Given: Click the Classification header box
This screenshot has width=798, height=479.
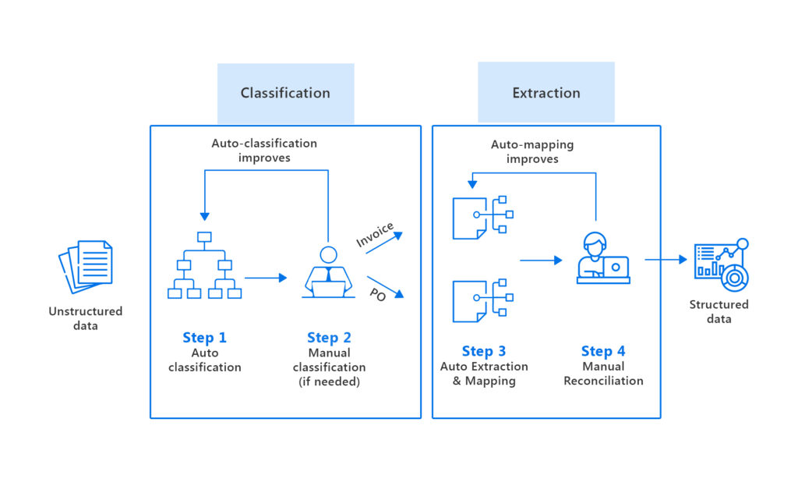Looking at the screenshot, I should (285, 94).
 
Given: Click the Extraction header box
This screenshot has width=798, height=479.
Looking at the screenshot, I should (546, 93).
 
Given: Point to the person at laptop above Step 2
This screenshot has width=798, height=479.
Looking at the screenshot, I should (328, 272).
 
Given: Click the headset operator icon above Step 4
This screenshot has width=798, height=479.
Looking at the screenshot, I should (602, 260).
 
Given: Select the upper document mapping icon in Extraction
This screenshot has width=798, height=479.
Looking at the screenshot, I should (482, 216).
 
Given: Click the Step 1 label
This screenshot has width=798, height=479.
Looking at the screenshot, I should (204, 338).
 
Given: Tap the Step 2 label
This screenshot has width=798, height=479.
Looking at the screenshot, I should (329, 338).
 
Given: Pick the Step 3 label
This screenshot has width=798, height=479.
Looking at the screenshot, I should (483, 351).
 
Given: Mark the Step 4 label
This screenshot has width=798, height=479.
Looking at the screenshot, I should (603, 351).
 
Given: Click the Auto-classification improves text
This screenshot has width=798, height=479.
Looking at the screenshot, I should (264, 151).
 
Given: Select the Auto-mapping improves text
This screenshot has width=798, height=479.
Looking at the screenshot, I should (532, 151).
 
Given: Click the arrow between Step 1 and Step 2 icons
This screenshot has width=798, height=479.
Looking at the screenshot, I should (266, 277).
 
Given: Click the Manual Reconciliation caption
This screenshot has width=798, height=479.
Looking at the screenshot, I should (603, 374).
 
